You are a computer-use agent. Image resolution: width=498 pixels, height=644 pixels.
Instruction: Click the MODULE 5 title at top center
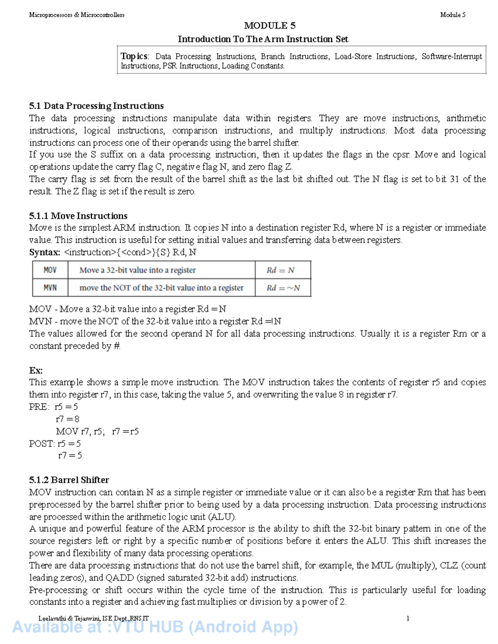269,26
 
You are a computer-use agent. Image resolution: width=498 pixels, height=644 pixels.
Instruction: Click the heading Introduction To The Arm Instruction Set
263,39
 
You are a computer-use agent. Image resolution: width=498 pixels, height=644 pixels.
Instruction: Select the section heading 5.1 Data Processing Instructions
96,106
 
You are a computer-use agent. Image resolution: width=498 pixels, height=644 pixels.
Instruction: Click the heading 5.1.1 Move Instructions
78,216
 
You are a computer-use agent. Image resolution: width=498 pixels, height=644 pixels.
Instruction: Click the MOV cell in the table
50,270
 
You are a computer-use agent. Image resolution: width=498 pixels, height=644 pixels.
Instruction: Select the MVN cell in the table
50,288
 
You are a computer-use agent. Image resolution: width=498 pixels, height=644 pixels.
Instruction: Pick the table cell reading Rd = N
281,270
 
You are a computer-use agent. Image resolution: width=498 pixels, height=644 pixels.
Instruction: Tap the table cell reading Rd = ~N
283,288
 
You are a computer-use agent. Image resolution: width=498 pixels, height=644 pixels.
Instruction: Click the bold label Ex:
36,370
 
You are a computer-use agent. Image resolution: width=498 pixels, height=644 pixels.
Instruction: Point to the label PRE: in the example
39,407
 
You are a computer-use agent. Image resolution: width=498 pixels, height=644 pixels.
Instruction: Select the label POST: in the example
41,444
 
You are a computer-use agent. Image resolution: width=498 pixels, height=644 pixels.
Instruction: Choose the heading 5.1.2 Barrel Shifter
69,480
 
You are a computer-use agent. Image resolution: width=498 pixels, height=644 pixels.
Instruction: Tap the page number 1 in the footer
408,618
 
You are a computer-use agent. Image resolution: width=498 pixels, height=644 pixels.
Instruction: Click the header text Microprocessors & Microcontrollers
77,15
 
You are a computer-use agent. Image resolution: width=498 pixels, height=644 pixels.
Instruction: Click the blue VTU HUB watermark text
155,627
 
